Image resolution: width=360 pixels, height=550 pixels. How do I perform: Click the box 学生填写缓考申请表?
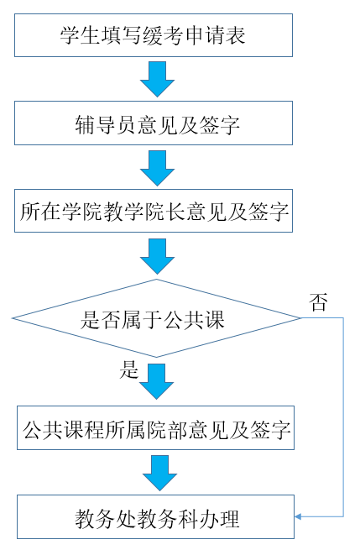[x=154, y=35]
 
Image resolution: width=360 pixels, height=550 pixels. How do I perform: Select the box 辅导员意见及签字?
[x=154, y=123]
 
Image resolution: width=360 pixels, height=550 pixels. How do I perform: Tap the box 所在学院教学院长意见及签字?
[x=154, y=211]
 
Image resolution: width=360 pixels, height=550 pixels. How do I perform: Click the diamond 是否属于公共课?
[x=156, y=318]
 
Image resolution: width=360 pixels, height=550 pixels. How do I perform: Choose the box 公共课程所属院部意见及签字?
[x=155, y=428]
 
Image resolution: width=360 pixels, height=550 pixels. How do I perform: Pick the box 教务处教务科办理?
[x=155, y=517]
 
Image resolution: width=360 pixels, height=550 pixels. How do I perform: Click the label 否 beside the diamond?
[x=318, y=302]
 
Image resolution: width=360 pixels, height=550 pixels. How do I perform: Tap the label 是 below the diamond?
[x=129, y=369]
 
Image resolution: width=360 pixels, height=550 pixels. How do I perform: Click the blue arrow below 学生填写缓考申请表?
[x=158, y=79]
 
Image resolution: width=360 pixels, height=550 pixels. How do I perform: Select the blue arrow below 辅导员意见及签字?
[x=158, y=169]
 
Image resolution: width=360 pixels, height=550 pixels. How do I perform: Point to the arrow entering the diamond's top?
[x=158, y=256]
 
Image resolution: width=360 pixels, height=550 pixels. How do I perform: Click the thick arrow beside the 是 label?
[x=157, y=381]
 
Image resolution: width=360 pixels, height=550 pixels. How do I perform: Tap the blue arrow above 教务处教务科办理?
[x=159, y=474]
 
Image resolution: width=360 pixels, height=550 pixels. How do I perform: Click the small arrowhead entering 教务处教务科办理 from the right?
[x=298, y=516]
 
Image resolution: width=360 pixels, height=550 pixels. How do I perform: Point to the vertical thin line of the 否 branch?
[x=343, y=417]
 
